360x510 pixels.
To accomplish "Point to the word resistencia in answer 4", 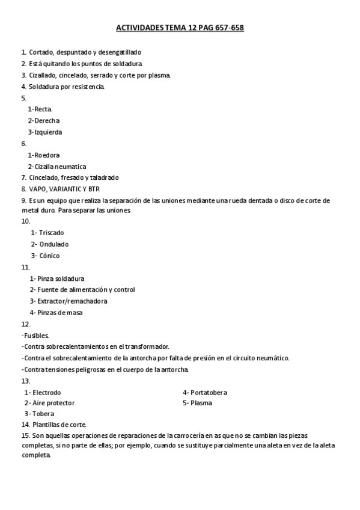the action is (x=87, y=87).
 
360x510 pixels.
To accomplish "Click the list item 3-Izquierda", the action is (x=44, y=132).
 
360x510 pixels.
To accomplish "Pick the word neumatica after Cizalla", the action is (x=72, y=166).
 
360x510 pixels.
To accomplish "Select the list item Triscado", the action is (x=51, y=232).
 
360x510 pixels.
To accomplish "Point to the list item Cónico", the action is (x=49, y=256).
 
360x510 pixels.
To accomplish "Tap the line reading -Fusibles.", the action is (x=35, y=335).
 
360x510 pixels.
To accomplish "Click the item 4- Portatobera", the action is (x=205, y=392).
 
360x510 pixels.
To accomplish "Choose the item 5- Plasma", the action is (x=198, y=403).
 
